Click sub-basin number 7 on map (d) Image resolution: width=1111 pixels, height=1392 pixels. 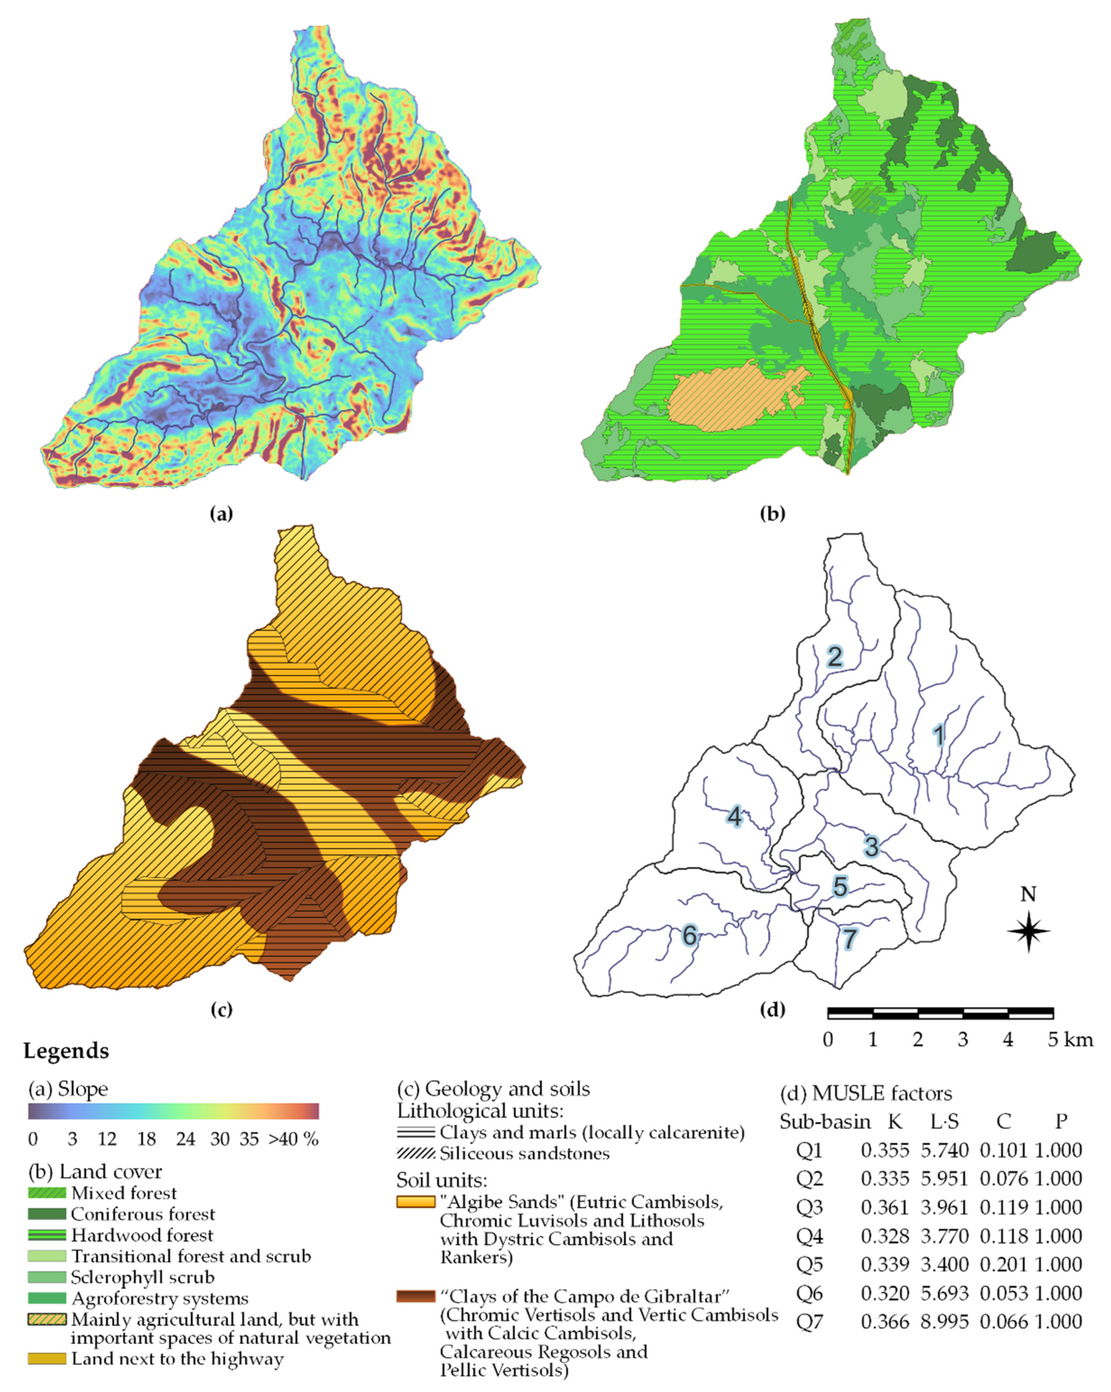[x=849, y=939]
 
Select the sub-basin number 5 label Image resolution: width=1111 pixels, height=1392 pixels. [x=839, y=887]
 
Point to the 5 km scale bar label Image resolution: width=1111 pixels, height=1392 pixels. [x=1069, y=1039]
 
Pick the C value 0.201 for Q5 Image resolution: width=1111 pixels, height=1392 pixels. [x=1003, y=1264]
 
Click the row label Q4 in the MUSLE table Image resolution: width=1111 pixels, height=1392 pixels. [x=809, y=1236]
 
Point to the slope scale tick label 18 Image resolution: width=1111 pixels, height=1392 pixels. [x=146, y=1140]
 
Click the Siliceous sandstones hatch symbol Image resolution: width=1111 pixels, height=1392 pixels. [x=416, y=1153]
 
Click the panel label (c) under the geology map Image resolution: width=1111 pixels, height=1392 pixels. [x=221, y=1010]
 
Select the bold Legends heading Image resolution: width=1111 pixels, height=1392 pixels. [x=67, y=1051]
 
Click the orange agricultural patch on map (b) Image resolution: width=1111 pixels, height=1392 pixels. [x=729, y=400]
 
